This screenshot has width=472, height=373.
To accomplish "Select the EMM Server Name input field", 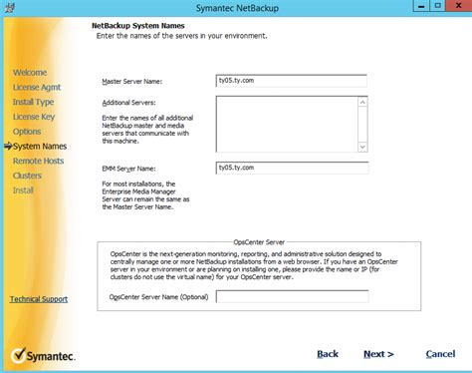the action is coord(292,169).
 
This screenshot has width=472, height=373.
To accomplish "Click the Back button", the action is coord(328,354).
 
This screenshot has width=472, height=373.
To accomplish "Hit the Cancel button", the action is coord(440,354).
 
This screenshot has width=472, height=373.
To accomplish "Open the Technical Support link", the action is coord(39,299).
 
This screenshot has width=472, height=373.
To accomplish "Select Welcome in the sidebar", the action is coord(30,73).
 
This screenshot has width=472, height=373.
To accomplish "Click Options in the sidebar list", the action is coord(28,132).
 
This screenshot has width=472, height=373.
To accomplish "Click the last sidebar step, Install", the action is coord(24,190).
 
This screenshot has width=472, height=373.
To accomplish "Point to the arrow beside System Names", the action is coord(7,147).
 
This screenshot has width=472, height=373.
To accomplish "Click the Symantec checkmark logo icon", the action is coord(19,354).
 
